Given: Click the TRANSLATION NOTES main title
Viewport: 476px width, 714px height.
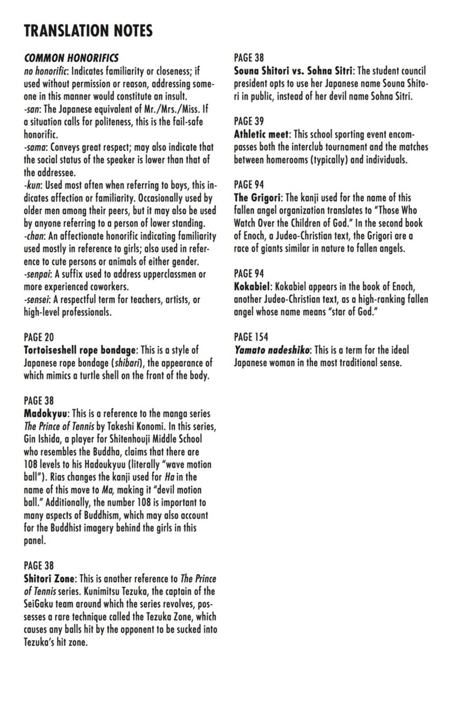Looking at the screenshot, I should tap(88, 30).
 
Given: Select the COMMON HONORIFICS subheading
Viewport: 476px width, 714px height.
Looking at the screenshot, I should tap(71, 58).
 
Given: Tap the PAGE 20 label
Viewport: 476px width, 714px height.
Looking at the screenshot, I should tap(39, 337).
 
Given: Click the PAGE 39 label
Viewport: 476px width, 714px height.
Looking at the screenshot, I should tap(249, 121).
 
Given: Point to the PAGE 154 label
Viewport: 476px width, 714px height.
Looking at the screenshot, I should tap(251, 337).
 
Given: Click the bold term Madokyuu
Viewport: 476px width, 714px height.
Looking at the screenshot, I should tap(46, 414).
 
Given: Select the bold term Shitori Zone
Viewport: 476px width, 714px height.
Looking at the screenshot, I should tap(50, 579).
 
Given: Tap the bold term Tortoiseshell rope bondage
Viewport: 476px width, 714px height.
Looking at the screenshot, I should tap(79, 350).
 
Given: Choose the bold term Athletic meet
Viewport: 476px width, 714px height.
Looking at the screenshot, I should tap(261, 134).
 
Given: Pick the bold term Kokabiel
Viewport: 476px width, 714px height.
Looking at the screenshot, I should tap(252, 286).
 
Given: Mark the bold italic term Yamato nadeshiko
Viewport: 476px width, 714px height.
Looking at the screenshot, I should tap(271, 350).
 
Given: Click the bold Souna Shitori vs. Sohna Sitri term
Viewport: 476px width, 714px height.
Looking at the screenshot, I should tap(293, 71).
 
